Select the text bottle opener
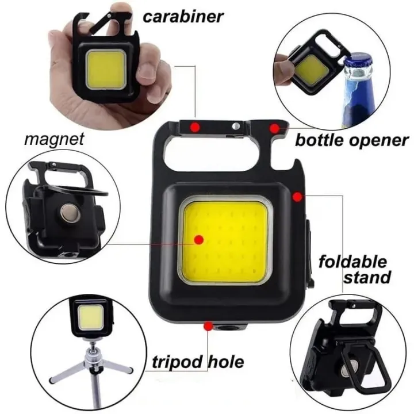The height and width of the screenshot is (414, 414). pos(351,140)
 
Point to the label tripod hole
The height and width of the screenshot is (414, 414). pos(198,362)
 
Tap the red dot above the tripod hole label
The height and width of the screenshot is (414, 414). pos(208,327)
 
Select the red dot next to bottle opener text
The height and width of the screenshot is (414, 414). pos(275,128)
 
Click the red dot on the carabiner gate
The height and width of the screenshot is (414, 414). pos(195,126)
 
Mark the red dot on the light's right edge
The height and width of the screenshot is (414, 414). pos(297,197)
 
